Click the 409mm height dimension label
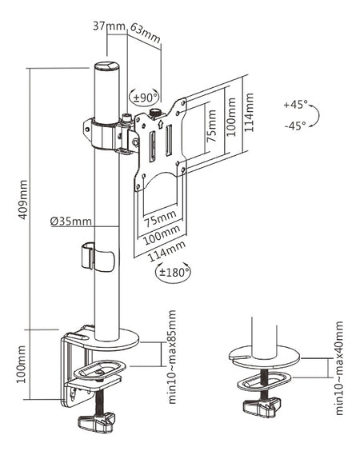tap(23, 199)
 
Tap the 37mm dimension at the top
tap(109, 26)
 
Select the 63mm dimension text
tap(145, 33)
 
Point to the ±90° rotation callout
tap(145, 98)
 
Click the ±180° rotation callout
tap(173, 272)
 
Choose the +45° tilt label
tap(295, 104)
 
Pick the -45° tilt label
tap(295, 126)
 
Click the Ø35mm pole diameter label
tap(70, 221)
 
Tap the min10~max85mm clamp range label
tap(172, 357)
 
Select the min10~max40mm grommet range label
tap(339, 368)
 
